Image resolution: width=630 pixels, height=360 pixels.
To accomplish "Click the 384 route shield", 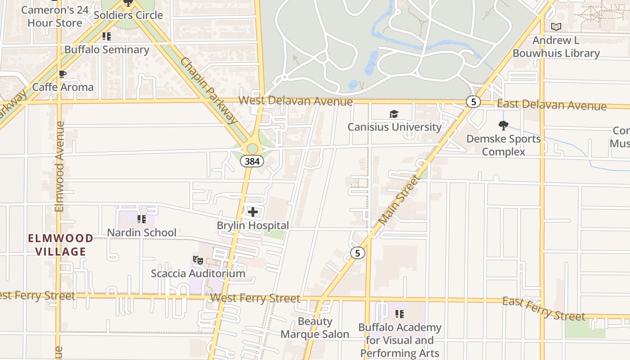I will (252, 161).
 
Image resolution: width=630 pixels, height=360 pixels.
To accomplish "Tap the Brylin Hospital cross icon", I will (253, 211).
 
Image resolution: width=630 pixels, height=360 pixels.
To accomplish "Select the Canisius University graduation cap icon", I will (394, 114).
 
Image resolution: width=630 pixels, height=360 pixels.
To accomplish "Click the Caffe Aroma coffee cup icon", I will (63, 74).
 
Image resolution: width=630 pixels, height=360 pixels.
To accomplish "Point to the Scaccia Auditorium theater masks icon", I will (198, 260).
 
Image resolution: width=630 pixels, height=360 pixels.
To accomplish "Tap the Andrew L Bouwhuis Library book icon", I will (556, 27).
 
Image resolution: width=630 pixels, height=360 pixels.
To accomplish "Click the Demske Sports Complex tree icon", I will (504, 126).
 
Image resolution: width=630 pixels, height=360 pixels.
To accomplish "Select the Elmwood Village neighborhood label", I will (61, 245).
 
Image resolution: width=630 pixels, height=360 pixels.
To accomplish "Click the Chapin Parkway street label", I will (209, 90).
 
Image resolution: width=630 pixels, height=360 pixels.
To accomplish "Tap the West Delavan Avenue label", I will (296, 101).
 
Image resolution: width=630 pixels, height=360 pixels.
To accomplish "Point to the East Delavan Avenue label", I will (552, 105).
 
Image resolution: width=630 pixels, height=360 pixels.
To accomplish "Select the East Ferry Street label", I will (544, 309).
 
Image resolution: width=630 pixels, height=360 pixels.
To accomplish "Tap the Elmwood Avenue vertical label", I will (59, 166).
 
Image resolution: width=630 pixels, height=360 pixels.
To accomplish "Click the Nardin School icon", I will (142, 219).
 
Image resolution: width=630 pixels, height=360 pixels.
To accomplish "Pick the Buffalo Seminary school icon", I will (107, 36).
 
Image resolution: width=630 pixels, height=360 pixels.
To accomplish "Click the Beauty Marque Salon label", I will (315, 328).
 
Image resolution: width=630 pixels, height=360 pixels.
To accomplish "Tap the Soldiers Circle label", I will (128, 15).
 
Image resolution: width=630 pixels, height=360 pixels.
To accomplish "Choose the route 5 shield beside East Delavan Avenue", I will (473, 102).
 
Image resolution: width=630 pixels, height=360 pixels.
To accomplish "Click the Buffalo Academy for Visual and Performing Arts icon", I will (400, 314).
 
